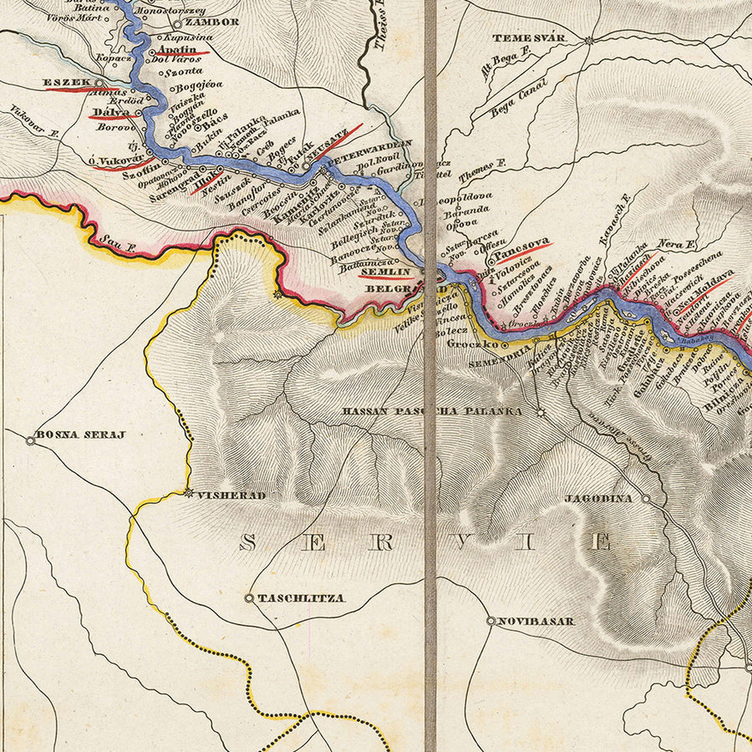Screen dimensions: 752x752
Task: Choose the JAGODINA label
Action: [598, 498]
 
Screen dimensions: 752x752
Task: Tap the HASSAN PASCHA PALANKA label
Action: [433, 412]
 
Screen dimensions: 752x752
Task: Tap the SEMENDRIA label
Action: [500, 353]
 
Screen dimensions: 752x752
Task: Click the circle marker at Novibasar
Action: [490, 621]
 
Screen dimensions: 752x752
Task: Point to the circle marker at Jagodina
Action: [645, 498]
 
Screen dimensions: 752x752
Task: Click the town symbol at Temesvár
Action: [589, 40]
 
